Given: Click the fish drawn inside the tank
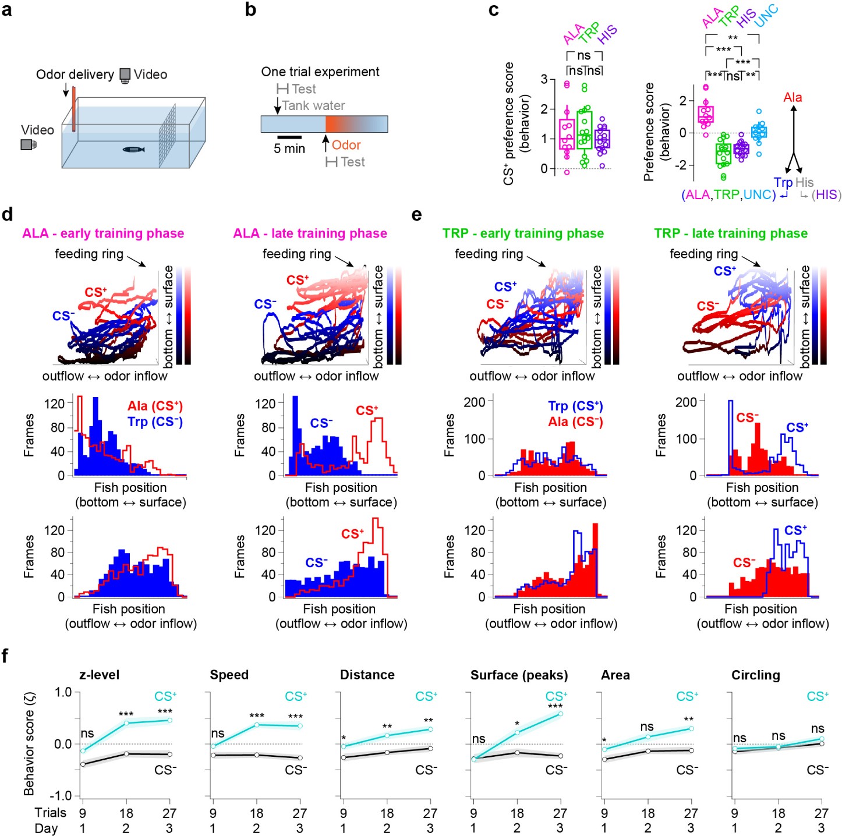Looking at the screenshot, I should click(x=133, y=150).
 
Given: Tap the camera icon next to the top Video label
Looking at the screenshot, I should click(x=125, y=75).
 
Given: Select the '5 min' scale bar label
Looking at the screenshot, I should click(x=289, y=148).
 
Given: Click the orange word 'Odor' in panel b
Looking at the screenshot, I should click(x=346, y=145).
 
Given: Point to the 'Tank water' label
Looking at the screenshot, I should click(x=313, y=105).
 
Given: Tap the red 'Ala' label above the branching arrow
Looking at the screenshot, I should click(x=793, y=97).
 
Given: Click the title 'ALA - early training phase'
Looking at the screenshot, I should click(x=103, y=233).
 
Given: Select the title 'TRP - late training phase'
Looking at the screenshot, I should click(x=731, y=233).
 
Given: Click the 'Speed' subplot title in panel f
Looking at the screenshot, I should click(x=229, y=675).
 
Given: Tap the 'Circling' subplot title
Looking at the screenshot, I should click(x=755, y=675).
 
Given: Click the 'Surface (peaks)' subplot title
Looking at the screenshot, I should click(x=519, y=675).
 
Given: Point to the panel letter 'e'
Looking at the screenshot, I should click(x=416, y=215).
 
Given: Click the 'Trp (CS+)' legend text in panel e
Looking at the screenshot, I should click(x=575, y=406).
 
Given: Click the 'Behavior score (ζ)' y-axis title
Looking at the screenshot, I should click(x=29, y=743).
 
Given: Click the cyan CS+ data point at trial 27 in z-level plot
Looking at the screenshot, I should click(x=169, y=720).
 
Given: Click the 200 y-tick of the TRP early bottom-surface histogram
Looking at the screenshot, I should click(x=475, y=402).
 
